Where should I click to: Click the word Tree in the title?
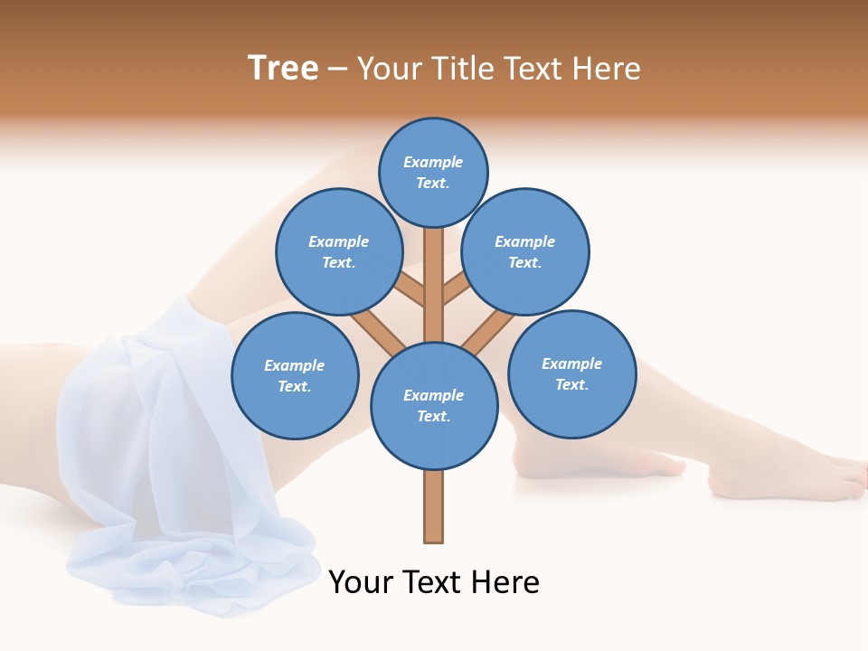click(283, 68)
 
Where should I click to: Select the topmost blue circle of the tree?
click(433, 172)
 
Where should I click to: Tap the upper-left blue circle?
click(338, 251)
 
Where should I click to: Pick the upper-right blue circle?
click(525, 251)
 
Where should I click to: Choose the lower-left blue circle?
click(295, 375)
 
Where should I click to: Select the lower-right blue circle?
click(571, 373)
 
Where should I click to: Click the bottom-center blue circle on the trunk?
click(434, 406)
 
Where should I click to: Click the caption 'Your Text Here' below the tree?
click(434, 582)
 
